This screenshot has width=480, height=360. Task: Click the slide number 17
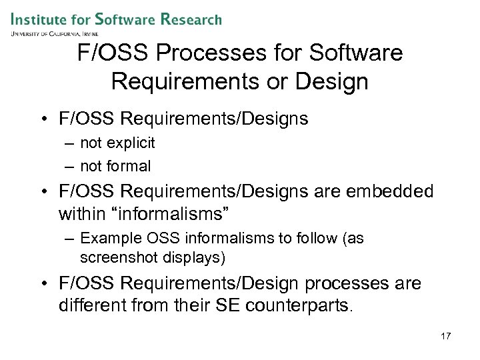(x=445, y=336)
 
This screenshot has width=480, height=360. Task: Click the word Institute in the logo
(x=39, y=19)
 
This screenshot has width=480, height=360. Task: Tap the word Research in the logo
(x=191, y=19)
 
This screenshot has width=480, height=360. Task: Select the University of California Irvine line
(x=55, y=33)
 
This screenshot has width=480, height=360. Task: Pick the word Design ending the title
(x=331, y=81)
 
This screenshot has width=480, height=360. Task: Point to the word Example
(x=107, y=238)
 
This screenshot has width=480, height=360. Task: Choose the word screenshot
(x=115, y=257)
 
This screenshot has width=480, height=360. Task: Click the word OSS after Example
(x=155, y=238)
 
